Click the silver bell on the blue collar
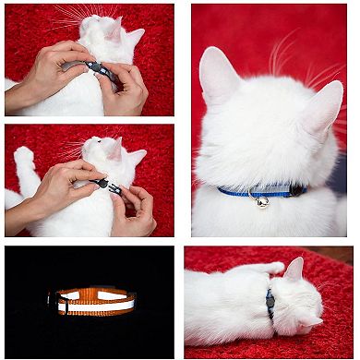tap(263, 200)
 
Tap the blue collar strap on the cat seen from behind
tap(235, 191)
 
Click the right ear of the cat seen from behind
tap(323, 106)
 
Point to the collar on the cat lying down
tap(270, 304)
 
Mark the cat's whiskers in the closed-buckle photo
tap(69, 18)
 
